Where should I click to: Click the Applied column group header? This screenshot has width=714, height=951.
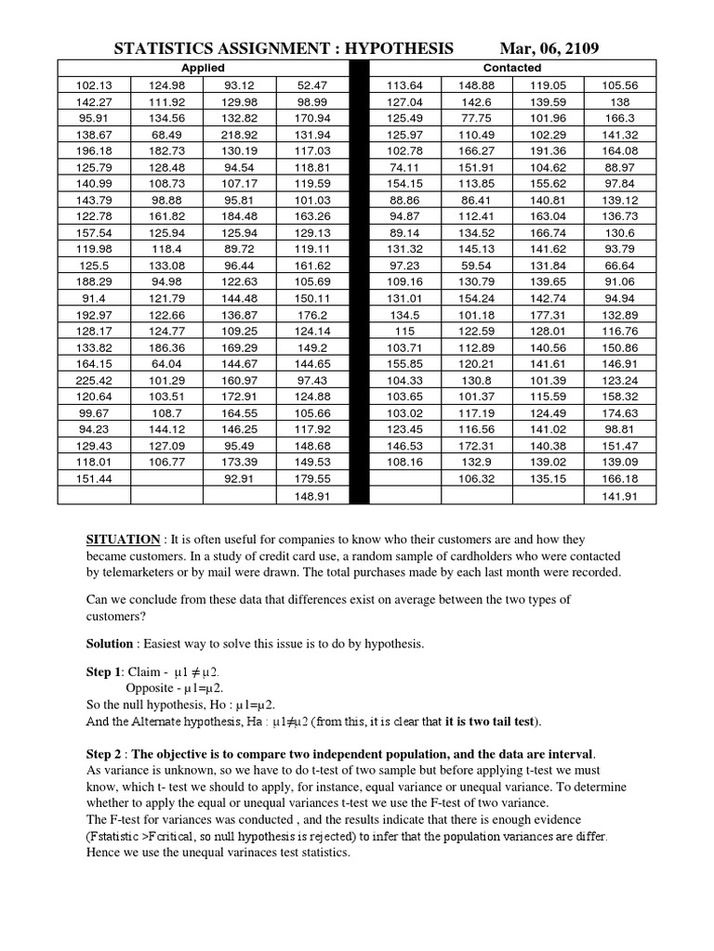[203, 68]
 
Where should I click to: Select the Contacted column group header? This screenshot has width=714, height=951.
[512, 68]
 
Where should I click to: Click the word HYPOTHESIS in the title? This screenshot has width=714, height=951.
[394, 47]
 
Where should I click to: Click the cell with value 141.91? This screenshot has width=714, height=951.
[619, 496]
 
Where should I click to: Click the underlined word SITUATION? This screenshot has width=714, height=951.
[123, 540]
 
